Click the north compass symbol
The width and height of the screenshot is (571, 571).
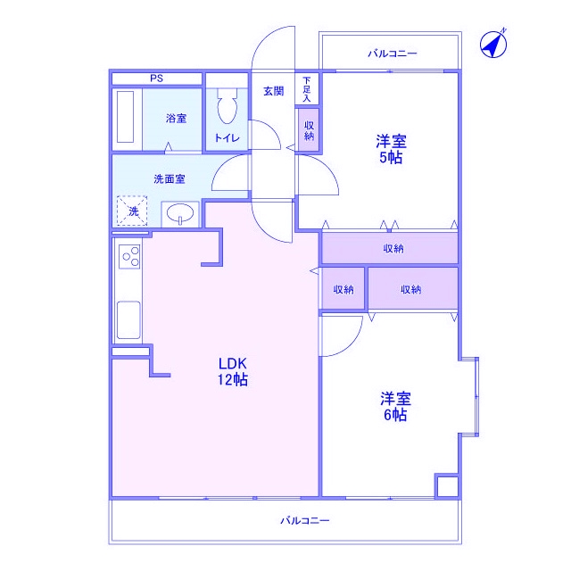493,43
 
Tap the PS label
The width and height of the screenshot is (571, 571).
156,79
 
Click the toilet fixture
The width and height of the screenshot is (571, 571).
227,108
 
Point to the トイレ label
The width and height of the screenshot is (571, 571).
227,138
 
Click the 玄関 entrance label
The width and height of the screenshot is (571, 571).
273,91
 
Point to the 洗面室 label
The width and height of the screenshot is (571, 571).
169,178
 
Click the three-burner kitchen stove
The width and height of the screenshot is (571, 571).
129,257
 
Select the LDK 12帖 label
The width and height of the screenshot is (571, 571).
234,371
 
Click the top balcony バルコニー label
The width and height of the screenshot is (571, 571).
393,54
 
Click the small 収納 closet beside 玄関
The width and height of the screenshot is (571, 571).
309,130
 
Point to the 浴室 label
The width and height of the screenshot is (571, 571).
176,118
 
